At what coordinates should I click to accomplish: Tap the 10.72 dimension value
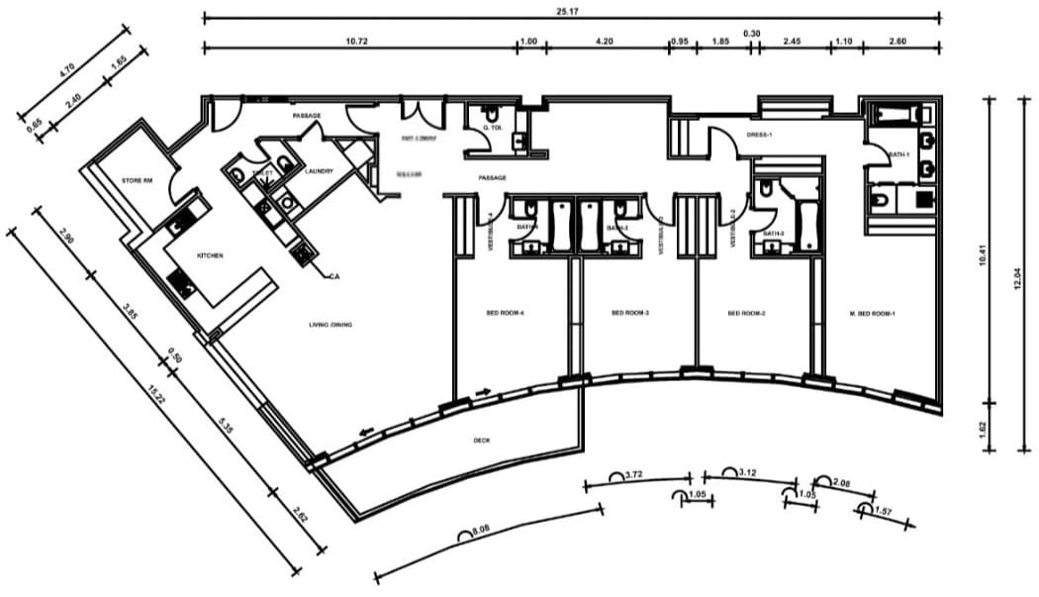tap(357, 41)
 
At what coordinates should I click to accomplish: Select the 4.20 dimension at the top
tap(605, 41)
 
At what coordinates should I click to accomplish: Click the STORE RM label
tap(134, 181)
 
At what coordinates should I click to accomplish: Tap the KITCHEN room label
tap(210, 255)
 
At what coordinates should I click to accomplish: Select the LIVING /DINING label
tap(330, 325)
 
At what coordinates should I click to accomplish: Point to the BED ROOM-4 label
tap(505, 313)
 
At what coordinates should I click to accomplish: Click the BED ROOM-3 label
tap(629, 313)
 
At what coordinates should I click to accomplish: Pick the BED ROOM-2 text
tap(748, 313)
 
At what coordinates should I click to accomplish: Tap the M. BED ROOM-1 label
tap(872, 313)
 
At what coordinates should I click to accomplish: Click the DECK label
tap(482, 441)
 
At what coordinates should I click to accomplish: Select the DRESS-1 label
tap(759, 135)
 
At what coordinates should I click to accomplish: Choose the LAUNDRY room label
tap(319, 171)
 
